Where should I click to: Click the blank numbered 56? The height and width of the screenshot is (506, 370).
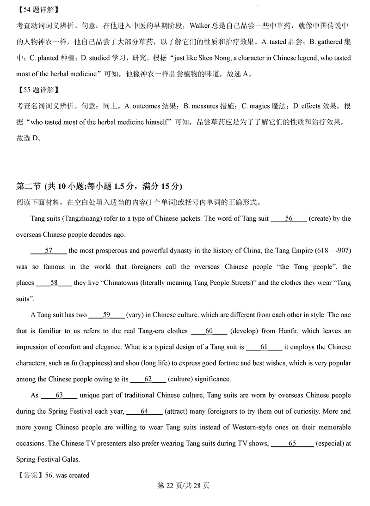pyautogui.click(x=289, y=218)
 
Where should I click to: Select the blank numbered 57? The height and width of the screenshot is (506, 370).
pyautogui.click(x=49, y=251)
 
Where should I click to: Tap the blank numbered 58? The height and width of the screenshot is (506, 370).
pyautogui.click(x=54, y=283)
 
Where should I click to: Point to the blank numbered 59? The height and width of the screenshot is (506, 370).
pyautogui.click(x=106, y=315)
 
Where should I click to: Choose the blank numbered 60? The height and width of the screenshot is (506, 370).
pyautogui.click(x=209, y=331)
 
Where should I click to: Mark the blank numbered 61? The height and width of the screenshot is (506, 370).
pyautogui.click(x=264, y=347)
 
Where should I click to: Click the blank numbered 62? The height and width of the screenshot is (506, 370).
pyautogui.click(x=148, y=379)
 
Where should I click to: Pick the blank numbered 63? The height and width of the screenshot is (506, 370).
pyautogui.click(x=59, y=395)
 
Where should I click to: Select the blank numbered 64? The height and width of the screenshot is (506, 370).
pyautogui.click(x=144, y=411)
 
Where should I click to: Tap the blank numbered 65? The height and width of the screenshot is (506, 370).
pyautogui.click(x=292, y=443)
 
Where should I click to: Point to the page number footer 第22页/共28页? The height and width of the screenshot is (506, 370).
pyautogui.click(x=184, y=485)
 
